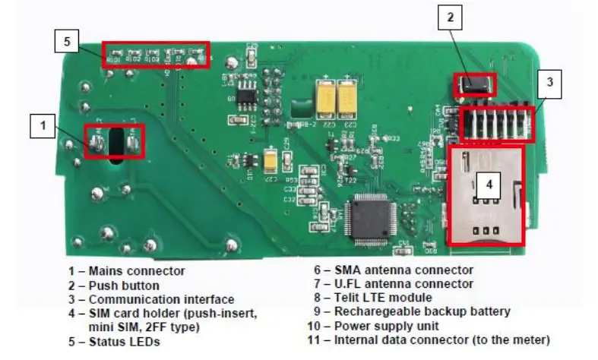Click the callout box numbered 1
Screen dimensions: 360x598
tap(42, 125)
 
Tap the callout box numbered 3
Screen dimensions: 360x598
tap(550, 84)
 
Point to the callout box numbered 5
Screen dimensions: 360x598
tap(67, 42)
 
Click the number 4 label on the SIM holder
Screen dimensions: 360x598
tap(491, 183)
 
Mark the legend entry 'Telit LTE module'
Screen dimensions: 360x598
tap(383, 298)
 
